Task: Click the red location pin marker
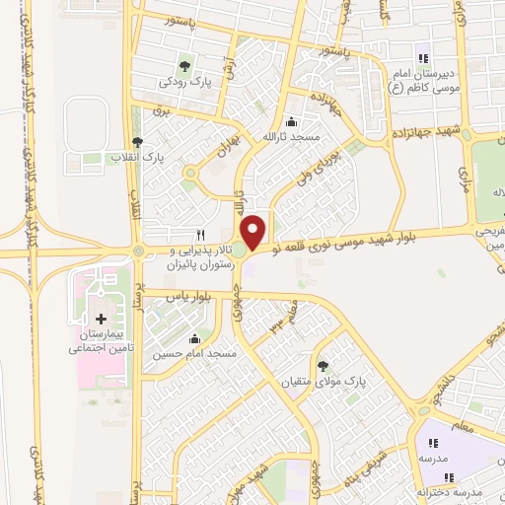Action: (255, 230)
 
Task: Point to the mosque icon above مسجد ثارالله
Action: (291, 123)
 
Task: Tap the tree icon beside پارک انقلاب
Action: (137, 142)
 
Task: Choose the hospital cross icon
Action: (103, 318)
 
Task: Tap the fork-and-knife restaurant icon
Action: (200, 235)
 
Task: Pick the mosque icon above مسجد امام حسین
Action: (203, 337)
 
